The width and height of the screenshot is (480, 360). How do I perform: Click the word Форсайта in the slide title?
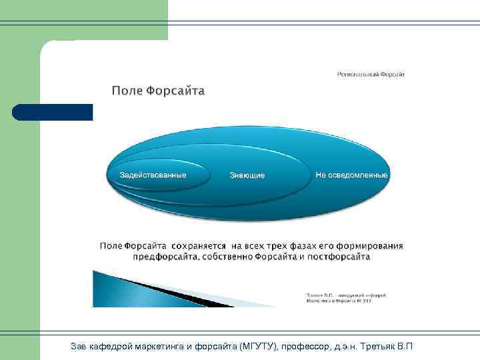175,91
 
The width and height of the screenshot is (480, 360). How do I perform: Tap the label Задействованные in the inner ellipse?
153,175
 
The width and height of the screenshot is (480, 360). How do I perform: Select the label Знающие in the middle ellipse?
247,175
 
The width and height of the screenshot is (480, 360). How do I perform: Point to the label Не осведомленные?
351,175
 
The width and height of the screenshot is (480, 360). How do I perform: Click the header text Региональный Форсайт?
370,74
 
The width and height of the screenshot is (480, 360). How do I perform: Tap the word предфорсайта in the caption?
164,257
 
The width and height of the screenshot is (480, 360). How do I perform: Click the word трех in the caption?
273,246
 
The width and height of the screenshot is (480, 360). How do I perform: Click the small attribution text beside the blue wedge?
346,297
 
